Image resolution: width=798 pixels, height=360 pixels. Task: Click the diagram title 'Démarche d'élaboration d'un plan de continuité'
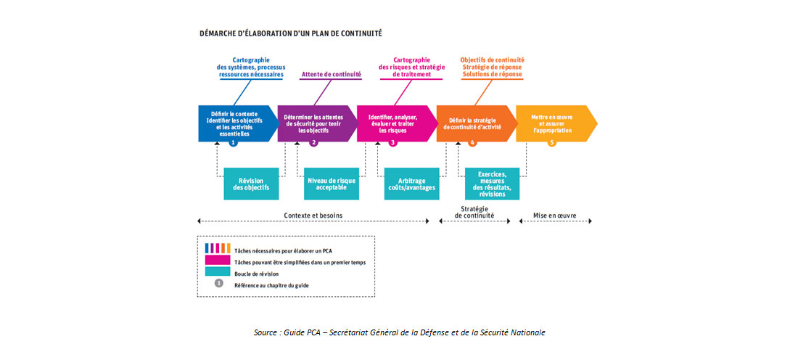tap(290, 33)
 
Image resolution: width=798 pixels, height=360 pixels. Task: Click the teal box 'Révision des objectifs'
tap(252, 184)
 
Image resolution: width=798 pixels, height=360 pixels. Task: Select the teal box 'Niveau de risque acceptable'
tap(332, 184)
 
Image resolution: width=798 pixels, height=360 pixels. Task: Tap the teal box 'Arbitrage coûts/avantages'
tap(412, 184)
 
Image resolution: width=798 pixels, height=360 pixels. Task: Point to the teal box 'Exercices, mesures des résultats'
tap(492, 184)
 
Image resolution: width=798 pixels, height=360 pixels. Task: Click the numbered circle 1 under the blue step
tap(234, 143)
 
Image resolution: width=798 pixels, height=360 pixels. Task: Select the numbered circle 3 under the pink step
tap(393, 143)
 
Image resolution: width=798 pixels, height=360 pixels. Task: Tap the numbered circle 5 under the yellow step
tap(552, 143)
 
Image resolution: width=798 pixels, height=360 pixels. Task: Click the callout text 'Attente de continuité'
tap(332, 74)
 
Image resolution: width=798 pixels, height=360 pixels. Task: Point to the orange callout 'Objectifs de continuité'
tap(492, 60)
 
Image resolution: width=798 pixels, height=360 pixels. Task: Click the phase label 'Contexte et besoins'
tap(313, 216)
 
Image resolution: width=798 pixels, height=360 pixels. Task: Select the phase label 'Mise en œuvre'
tap(555, 216)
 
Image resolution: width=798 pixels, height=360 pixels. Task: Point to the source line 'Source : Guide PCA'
tap(399, 332)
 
